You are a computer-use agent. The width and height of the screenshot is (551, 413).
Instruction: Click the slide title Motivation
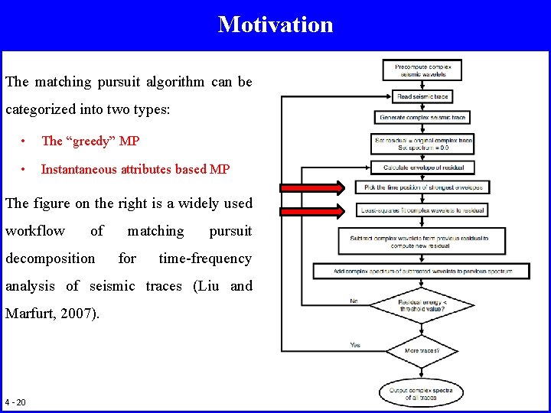pyautogui.click(x=275, y=24)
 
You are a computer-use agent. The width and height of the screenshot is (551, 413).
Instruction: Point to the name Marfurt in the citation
pyautogui.click(x=30, y=314)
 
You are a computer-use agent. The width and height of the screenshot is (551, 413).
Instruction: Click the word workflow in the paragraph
pyautogui.click(x=35, y=231)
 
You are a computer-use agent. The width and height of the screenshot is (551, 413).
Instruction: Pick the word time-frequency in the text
pyautogui.click(x=204, y=259)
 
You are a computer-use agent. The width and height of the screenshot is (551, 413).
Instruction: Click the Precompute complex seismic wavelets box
pyautogui.click(x=422, y=71)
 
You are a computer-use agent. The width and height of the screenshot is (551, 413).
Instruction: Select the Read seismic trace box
pyautogui.click(x=422, y=96)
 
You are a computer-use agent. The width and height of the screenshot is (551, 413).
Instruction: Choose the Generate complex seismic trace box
pyautogui.click(x=422, y=118)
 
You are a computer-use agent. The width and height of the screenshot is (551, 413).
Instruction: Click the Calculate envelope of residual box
pyautogui.click(x=422, y=167)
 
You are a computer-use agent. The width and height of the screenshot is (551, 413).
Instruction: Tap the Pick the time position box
pyautogui.click(x=422, y=187)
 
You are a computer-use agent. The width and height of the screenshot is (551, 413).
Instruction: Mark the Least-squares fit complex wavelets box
pyautogui.click(x=422, y=210)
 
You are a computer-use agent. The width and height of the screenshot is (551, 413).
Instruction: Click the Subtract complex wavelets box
pyautogui.click(x=422, y=242)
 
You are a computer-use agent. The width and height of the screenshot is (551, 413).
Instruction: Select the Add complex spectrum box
pyautogui.click(x=422, y=271)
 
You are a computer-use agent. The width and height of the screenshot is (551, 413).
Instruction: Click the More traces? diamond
pyautogui.click(x=422, y=351)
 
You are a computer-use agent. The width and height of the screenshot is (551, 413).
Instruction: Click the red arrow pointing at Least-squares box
pyautogui.click(x=310, y=211)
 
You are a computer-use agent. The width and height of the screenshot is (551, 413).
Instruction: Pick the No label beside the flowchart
pyautogui.click(x=354, y=302)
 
